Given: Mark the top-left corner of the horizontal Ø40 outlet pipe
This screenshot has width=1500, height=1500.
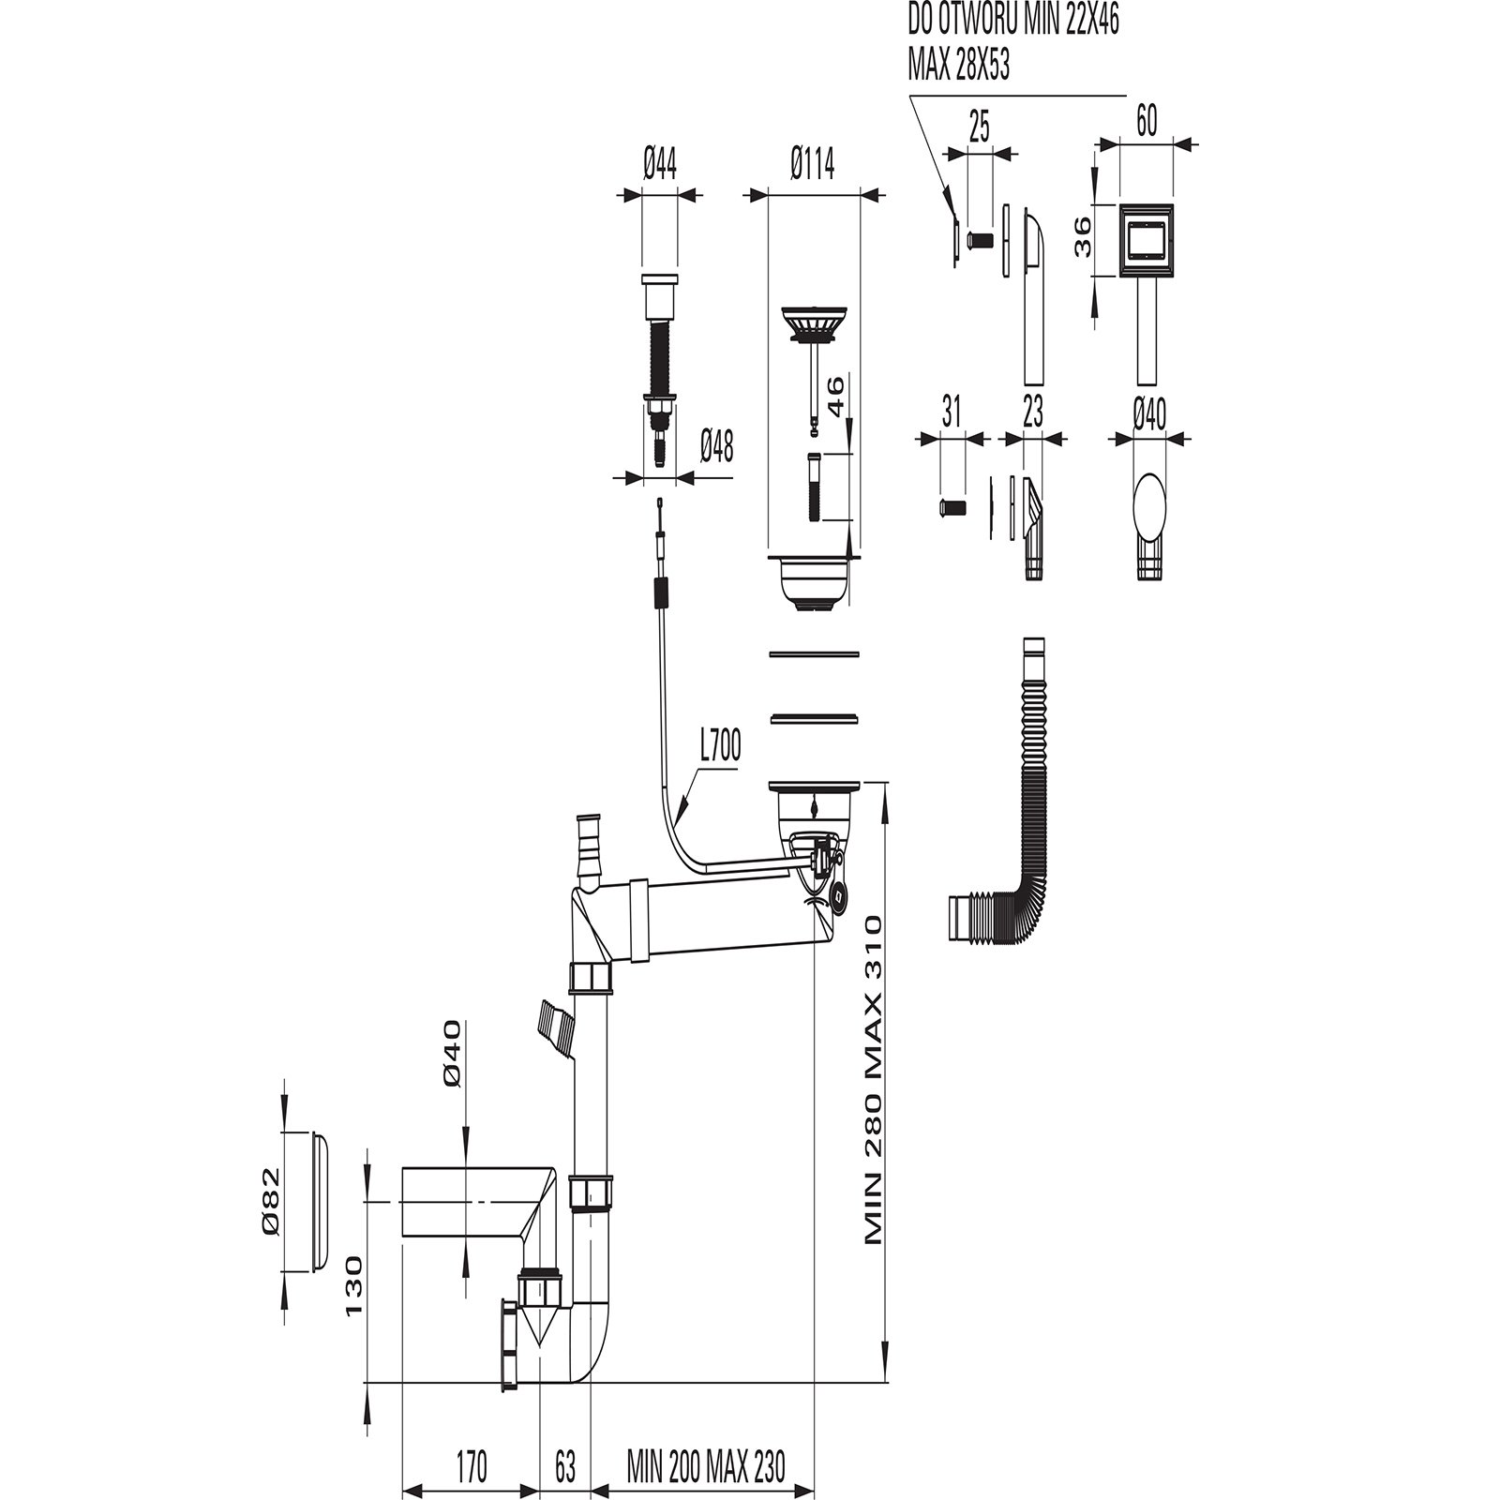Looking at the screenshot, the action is click(x=401, y=1167).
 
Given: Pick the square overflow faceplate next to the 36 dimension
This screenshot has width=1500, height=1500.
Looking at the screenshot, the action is click(x=1147, y=241).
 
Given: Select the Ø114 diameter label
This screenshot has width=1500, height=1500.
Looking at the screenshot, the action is click(x=813, y=166).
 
